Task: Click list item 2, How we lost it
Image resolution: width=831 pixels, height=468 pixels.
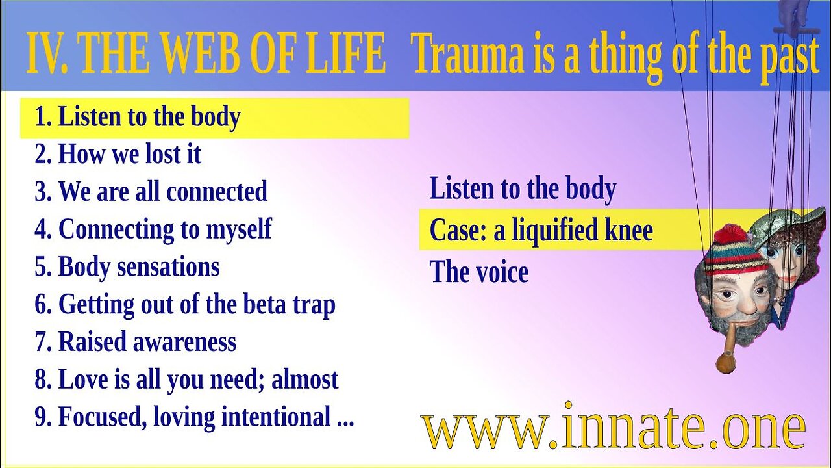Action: [x=118, y=154]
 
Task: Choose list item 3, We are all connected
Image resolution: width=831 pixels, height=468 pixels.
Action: [x=151, y=192]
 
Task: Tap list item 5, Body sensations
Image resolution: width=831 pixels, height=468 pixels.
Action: [x=127, y=267]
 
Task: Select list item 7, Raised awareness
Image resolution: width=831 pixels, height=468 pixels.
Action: [x=135, y=342]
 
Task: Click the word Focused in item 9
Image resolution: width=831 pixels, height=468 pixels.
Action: [x=102, y=417]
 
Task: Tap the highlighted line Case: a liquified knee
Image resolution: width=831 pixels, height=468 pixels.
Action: [x=541, y=231]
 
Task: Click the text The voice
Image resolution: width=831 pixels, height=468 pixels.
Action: [x=478, y=272]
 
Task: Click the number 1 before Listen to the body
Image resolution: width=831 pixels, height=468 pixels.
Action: [x=42, y=117]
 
